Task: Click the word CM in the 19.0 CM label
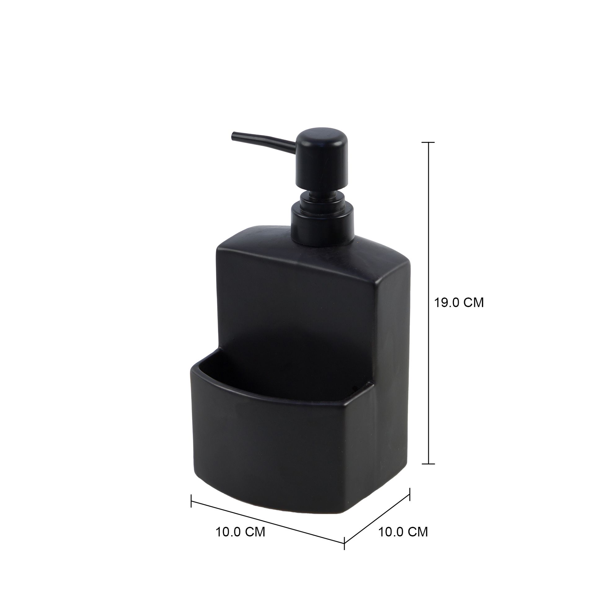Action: (x=472, y=303)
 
